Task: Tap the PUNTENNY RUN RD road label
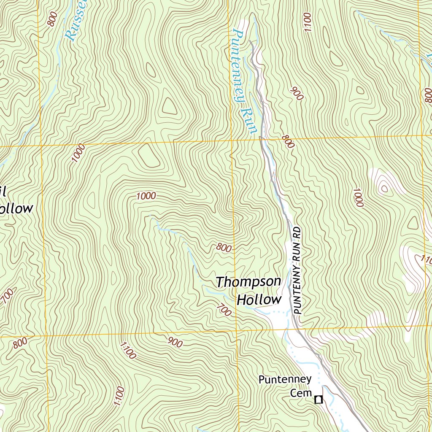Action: [297, 270]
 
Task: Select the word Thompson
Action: [248, 282]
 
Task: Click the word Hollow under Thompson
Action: [259, 300]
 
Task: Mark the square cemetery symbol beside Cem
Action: [319, 399]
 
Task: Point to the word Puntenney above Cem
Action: [285, 380]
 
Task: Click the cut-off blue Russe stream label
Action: [76, 21]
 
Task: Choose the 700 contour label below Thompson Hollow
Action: [224, 310]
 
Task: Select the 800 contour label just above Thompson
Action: [224, 248]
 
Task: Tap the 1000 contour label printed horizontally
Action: [146, 196]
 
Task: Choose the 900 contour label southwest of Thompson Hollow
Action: [175, 342]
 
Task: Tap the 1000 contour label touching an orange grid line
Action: [78, 153]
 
